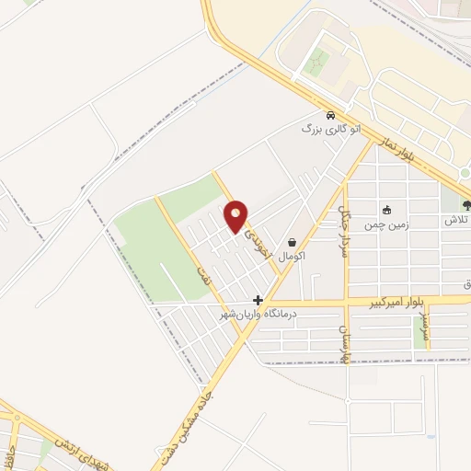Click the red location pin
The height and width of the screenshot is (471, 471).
(236, 216)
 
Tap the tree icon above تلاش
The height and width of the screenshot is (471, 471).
(466, 206)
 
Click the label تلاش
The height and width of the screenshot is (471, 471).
(457, 222)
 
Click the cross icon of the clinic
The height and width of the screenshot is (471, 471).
(258, 300)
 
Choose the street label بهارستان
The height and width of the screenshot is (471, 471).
(347, 342)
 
